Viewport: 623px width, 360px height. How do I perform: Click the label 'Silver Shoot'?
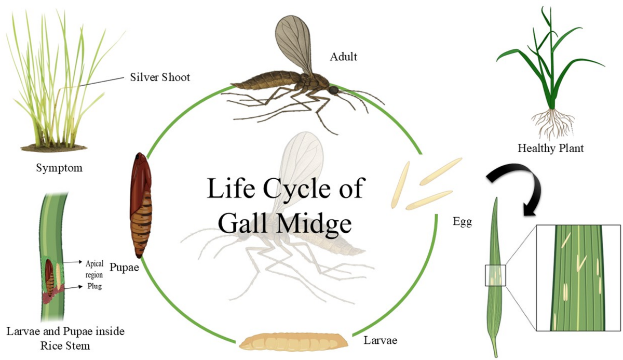pos(160,78)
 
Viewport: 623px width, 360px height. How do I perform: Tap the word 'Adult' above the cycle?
pos(343,57)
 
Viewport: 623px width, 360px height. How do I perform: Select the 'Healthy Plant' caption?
pos(550,149)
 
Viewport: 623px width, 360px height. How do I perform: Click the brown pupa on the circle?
pos(138,205)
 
